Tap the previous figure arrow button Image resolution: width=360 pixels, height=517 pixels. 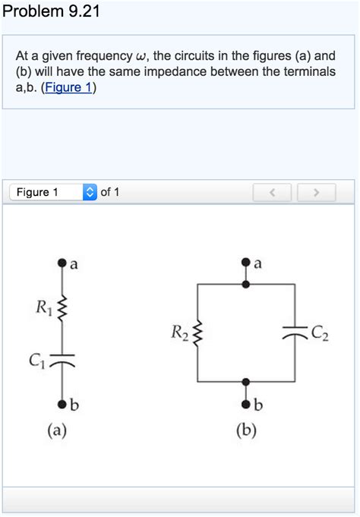(x=275, y=193)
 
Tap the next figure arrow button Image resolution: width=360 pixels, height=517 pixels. (x=313, y=193)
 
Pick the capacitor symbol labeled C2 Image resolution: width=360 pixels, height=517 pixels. (x=295, y=331)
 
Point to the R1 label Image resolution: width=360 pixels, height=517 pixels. (x=43, y=307)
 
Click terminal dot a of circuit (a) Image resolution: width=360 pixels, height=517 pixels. (x=62, y=264)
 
